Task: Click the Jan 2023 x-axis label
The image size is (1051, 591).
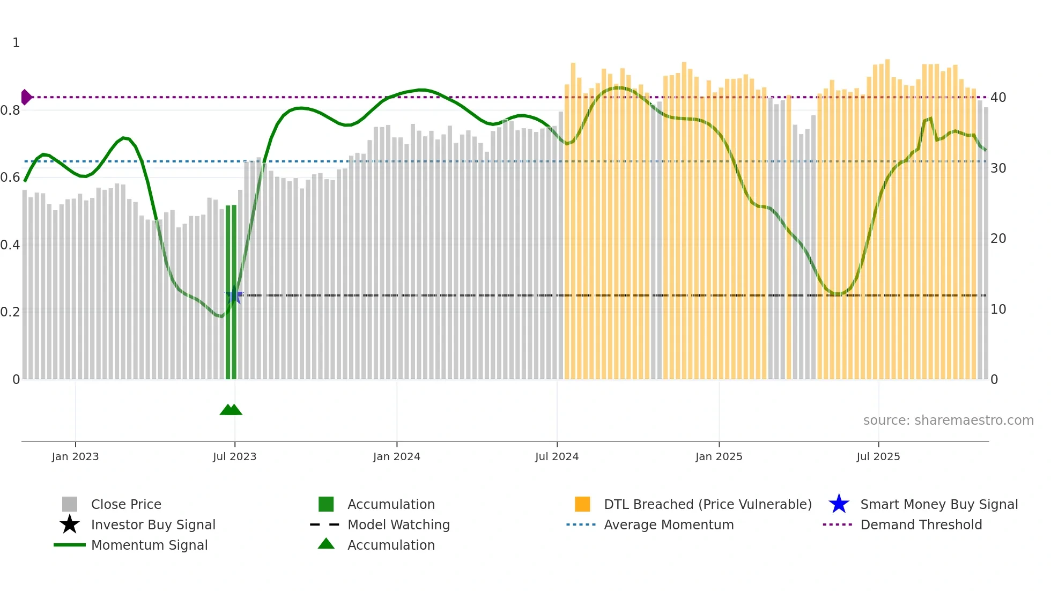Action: (75, 456)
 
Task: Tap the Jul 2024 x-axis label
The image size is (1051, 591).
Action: (557, 456)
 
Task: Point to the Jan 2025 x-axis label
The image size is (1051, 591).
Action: (719, 456)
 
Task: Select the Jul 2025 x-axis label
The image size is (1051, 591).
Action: (878, 456)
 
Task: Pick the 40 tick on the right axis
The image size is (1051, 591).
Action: (998, 98)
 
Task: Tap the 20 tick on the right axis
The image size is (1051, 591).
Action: (998, 239)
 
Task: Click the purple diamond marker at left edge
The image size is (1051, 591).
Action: (26, 97)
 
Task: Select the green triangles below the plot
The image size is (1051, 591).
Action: (231, 410)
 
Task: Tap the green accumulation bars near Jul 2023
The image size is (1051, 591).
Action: (231, 292)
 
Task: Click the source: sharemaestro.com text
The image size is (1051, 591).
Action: (948, 420)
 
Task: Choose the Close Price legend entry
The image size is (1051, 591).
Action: (126, 504)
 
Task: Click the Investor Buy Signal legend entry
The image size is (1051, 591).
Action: (153, 524)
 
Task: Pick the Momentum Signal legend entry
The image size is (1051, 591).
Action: (149, 545)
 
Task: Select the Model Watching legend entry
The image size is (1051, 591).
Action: (398, 524)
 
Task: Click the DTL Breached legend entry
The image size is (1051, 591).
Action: (707, 504)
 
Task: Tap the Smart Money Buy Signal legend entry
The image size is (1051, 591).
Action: (938, 504)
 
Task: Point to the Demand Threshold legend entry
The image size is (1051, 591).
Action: (921, 524)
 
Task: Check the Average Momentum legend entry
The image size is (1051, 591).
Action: (668, 524)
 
